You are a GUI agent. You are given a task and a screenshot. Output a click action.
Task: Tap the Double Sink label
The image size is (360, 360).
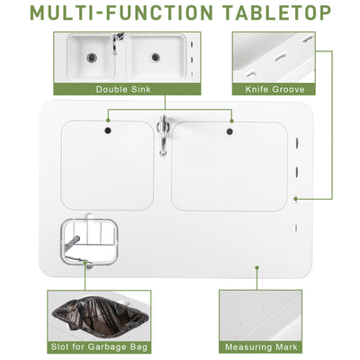pos(124,89)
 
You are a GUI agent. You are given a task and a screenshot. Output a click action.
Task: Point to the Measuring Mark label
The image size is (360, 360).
pos(267,346)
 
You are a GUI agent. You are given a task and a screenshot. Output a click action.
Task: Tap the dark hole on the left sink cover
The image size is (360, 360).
pos(108,131)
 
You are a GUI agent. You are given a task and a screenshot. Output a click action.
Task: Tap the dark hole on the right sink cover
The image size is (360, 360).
pos(231,131)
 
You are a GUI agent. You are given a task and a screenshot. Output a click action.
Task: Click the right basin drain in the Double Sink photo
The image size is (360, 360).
pos(155,57)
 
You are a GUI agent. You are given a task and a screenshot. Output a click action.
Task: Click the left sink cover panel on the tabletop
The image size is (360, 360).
pos(107,166)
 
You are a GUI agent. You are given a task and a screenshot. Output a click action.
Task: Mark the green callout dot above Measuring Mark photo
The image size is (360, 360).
pos(258,266)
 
